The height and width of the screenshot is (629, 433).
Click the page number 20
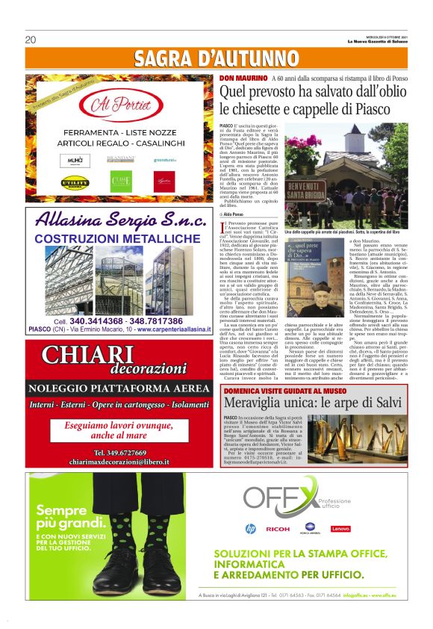pos(31,40)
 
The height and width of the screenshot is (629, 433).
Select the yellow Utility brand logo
pos(75,182)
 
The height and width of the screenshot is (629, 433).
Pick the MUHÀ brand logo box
pos(75,159)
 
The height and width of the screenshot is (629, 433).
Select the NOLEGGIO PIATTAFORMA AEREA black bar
pos(118,388)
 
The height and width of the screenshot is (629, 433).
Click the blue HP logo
pos(250,529)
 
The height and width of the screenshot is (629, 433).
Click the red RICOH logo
pos(277,529)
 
